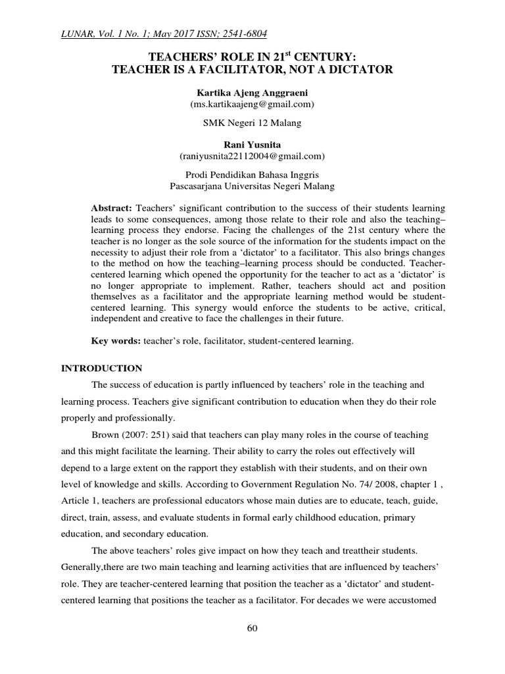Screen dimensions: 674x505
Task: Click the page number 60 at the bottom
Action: (252, 628)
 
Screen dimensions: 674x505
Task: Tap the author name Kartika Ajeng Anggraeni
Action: (252, 93)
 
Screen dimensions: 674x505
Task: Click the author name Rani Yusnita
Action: (252, 144)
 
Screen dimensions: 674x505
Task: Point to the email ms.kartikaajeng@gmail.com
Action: (252, 104)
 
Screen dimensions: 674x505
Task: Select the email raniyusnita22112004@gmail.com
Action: (252, 156)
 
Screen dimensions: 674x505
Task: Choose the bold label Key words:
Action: (114, 342)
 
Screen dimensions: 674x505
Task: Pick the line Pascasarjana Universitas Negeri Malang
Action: (252, 186)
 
